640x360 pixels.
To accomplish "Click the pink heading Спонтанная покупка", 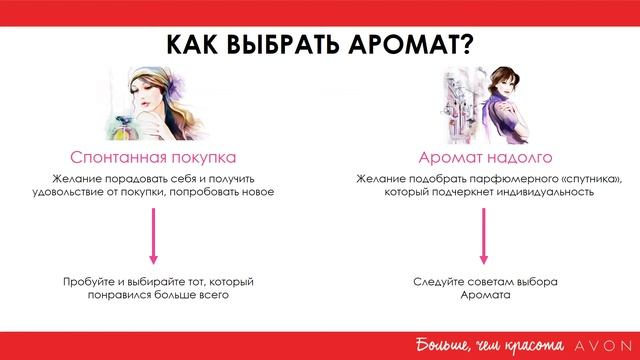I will pos(152,158).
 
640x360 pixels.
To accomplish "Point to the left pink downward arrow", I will pos(153,237).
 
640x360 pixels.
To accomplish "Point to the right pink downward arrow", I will pos(483,237).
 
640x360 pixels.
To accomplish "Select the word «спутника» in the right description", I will pos(582,179).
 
